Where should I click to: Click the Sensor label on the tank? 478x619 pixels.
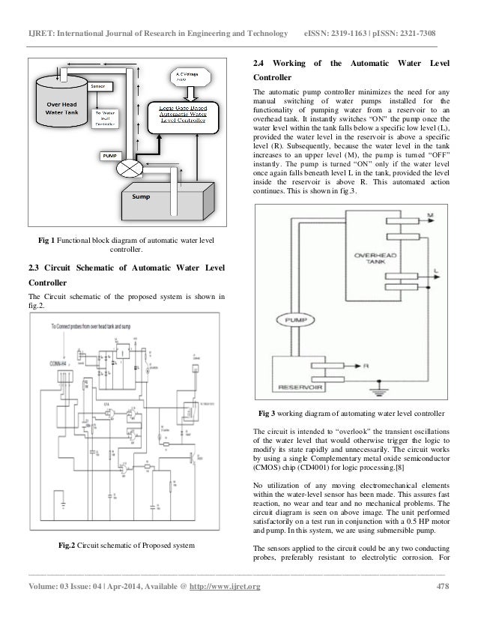click(x=97, y=86)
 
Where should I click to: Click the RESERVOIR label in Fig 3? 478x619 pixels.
click(x=294, y=388)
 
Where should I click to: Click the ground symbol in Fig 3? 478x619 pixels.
click(x=381, y=390)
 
